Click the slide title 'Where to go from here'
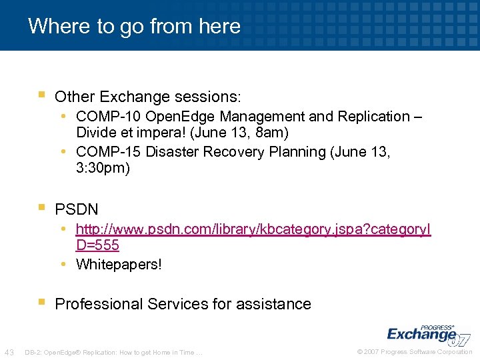(x=134, y=26)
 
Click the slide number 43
(x=9, y=352)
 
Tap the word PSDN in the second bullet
(x=77, y=209)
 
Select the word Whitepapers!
(x=119, y=265)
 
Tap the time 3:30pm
(x=103, y=168)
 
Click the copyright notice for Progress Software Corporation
(x=415, y=352)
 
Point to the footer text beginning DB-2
(x=113, y=352)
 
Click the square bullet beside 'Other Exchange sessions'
(x=41, y=96)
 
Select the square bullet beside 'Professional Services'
(x=41, y=303)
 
